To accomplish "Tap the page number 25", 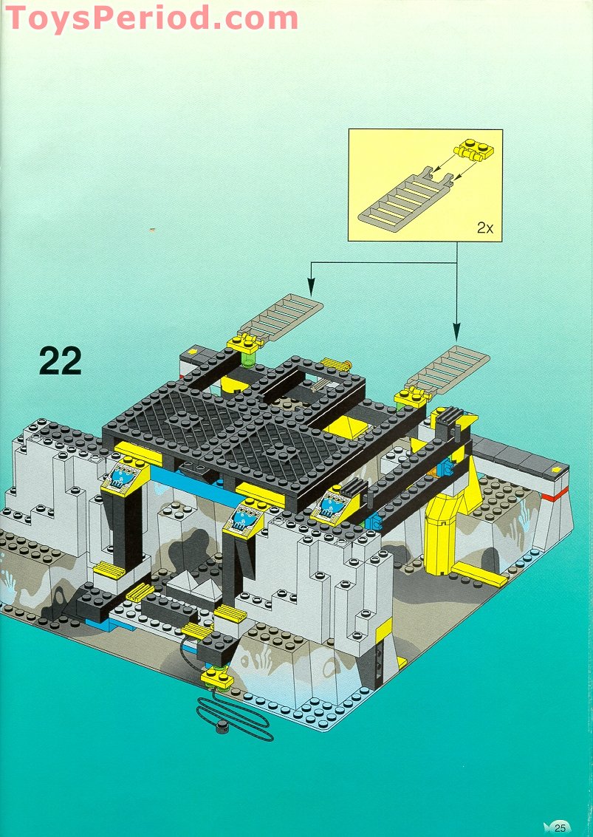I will tap(559, 827).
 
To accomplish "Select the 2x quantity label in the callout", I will tap(484, 228).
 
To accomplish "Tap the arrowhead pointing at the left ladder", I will tap(312, 284).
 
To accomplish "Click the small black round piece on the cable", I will tap(221, 728).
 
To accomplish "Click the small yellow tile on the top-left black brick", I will tap(192, 353).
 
